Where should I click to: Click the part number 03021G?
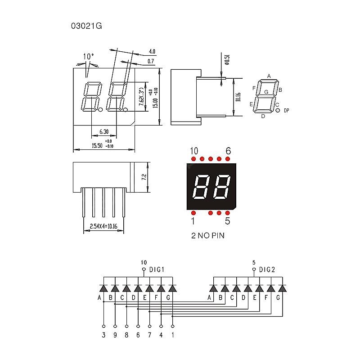pos(86,26)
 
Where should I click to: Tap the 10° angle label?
pos(89,57)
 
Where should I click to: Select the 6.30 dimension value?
pos(103,131)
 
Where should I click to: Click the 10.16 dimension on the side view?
pos(238,97)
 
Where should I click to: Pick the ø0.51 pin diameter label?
pos(227,60)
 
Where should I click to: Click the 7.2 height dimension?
pos(144,177)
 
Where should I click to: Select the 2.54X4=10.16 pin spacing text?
pos(103,226)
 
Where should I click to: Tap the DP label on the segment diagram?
pos(286,110)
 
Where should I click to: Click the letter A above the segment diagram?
pos(269,76)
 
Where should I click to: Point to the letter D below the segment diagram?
pos(263,116)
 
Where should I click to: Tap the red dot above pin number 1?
pos(193,212)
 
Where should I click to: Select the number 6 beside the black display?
pos(228,151)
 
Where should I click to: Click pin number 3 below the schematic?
pos(103,334)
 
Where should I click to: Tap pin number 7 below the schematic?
pos(149,334)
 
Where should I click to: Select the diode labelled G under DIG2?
pos(282,288)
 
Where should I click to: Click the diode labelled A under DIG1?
pos(103,288)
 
